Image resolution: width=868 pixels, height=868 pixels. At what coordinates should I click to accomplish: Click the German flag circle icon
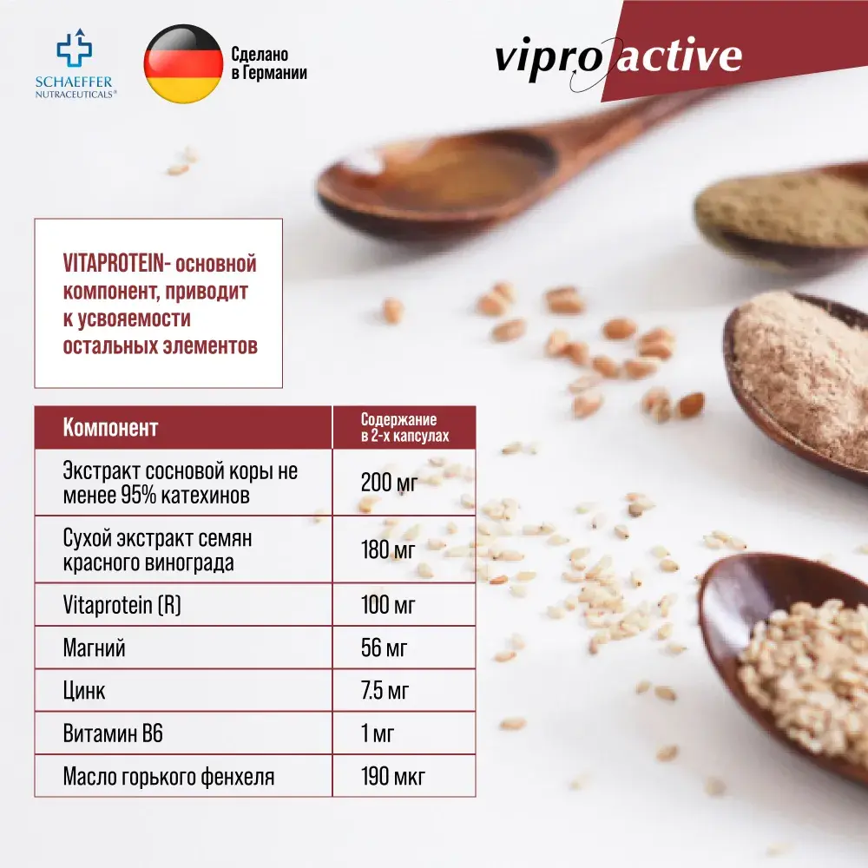pyautogui.click(x=183, y=63)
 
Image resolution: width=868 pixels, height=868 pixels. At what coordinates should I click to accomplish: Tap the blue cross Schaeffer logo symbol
pyautogui.click(x=75, y=48)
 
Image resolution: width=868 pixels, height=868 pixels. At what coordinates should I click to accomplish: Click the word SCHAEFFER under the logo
pyautogui.click(x=74, y=82)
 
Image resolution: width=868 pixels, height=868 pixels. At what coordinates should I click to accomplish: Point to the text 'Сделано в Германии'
pyautogui.click(x=269, y=63)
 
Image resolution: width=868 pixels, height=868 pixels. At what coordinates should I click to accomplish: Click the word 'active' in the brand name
pyautogui.click(x=679, y=56)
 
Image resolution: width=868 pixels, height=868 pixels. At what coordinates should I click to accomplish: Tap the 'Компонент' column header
pyautogui.click(x=111, y=427)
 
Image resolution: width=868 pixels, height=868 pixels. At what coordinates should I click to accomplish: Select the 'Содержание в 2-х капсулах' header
pyautogui.click(x=404, y=427)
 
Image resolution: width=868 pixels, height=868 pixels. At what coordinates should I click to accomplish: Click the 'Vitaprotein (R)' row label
pyautogui.click(x=122, y=605)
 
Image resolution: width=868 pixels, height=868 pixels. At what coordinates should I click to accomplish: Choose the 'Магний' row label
pyautogui.click(x=94, y=648)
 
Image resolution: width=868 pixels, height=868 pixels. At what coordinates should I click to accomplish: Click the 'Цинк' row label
pyautogui.click(x=84, y=692)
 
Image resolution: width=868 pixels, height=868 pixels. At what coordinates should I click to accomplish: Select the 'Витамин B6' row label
pyautogui.click(x=113, y=733)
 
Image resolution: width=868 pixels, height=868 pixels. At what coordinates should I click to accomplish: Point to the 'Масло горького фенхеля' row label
pyautogui.click(x=169, y=777)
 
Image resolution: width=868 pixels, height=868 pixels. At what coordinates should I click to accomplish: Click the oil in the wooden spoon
pyautogui.click(x=443, y=172)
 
